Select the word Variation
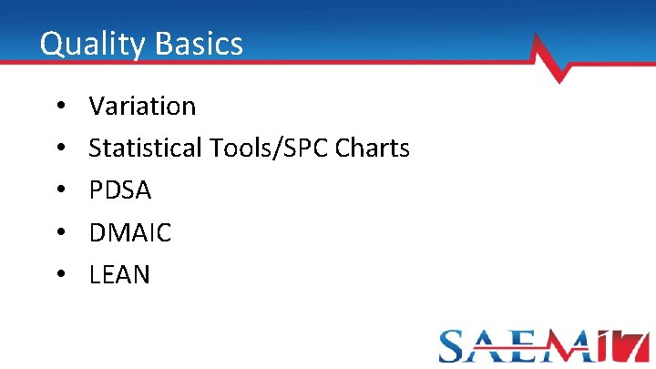[142, 107]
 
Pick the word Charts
[373, 148]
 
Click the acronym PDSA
[120, 190]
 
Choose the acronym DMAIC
[130, 232]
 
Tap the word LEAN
[119, 274]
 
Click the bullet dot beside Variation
[59, 107]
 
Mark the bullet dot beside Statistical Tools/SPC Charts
[59, 149]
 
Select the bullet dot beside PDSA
[59, 190]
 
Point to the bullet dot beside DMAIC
[59, 232]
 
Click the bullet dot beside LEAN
[59, 274]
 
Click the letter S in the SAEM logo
[456, 346]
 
